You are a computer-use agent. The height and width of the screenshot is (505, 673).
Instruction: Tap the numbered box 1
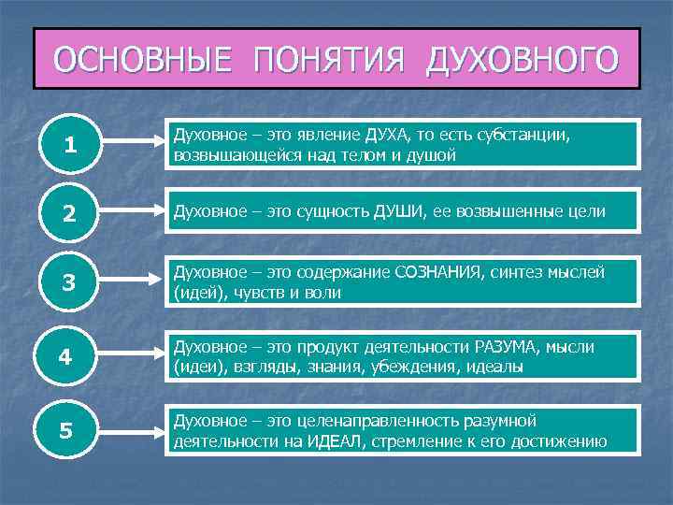[x=70, y=144]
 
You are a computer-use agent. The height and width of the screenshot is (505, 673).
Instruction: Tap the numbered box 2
[x=70, y=213]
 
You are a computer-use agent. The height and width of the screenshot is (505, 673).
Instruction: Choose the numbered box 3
[x=70, y=283]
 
